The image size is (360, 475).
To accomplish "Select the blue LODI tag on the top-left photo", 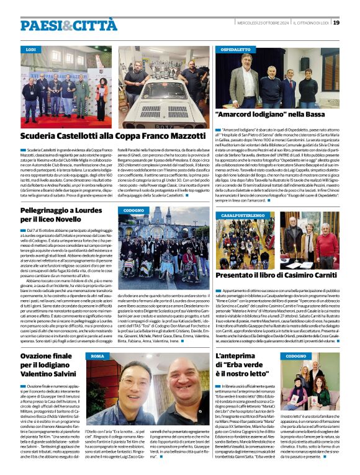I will (x=31, y=48).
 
